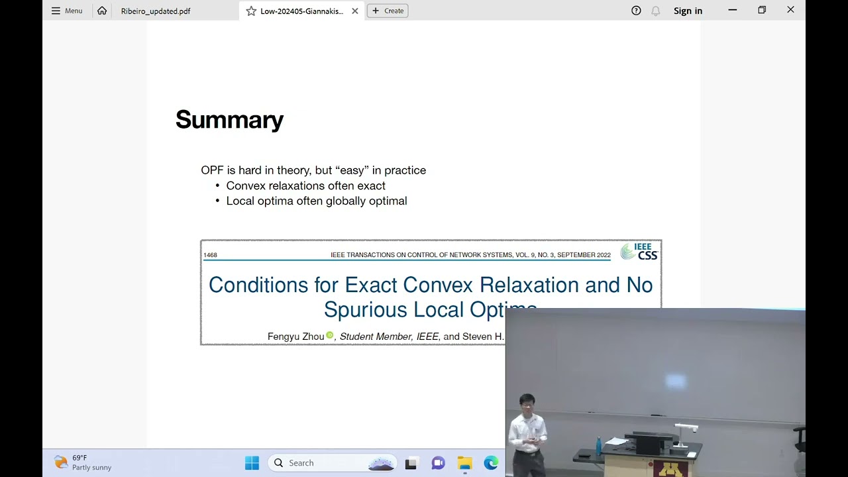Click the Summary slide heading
(229, 120)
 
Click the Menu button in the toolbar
(67, 11)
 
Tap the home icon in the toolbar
(102, 11)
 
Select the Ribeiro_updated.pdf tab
(156, 11)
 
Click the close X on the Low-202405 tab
(355, 11)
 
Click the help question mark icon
(636, 11)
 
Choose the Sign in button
(688, 11)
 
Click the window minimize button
(733, 10)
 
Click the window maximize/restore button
(762, 10)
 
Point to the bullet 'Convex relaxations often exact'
(305, 185)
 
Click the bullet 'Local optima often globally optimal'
(316, 201)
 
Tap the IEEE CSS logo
(639, 252)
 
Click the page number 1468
(210, 255)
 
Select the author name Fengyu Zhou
(295, 337)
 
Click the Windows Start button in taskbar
(252, 463)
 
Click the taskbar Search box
(331, 463)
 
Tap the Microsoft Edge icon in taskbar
(491, 463)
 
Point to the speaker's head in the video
(527, 402)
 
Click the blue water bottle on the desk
(598, 444)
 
